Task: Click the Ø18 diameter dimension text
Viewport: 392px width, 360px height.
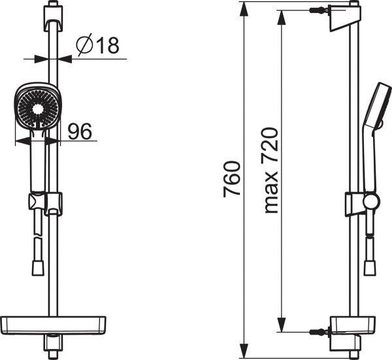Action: click(x=98, y=45)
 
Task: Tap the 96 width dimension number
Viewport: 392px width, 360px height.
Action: click(x=80, y=131)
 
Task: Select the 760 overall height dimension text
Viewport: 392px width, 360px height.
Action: click(x=232, y=179)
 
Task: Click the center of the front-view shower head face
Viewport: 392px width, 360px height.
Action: click(x=38, y=108)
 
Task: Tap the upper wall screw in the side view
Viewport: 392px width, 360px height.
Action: click(x=319, y=10)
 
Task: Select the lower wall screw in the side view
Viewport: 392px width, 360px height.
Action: click(x=319, y=332)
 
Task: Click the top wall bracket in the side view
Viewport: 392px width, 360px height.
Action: click(x=345, y=18)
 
